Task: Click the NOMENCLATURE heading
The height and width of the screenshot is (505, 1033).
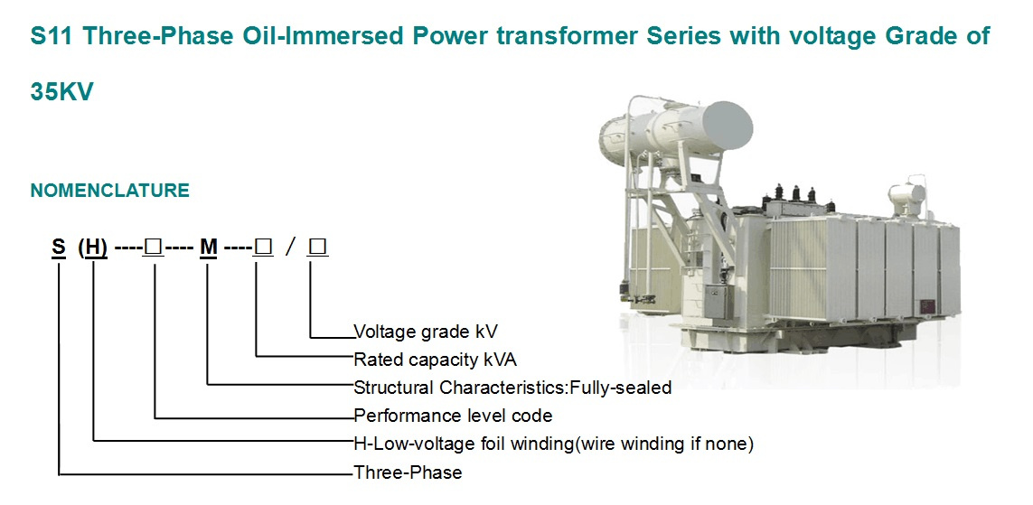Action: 110,191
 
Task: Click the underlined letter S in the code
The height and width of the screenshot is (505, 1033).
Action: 60,248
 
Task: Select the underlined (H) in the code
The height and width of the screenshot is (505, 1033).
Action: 93,248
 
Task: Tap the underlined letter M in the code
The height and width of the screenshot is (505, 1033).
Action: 209,248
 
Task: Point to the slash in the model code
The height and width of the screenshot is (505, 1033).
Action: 290,248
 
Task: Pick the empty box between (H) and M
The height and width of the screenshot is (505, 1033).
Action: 155,248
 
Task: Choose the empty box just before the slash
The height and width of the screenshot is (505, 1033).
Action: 264,248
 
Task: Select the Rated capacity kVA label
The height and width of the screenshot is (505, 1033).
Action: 436,360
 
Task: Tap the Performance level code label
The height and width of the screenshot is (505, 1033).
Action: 454,416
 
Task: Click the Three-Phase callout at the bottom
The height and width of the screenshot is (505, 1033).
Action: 408,472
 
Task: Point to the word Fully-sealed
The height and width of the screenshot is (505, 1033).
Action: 621,388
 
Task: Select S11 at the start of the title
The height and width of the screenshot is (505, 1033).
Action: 52,36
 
